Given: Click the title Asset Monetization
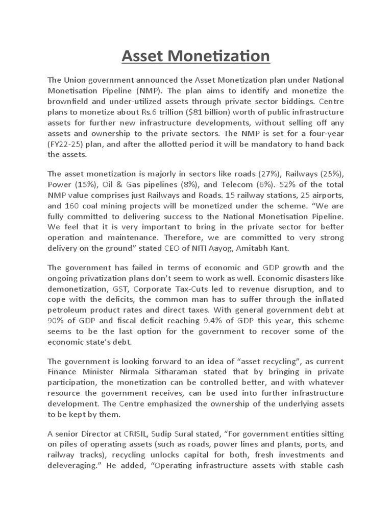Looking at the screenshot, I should coord(195,56).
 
